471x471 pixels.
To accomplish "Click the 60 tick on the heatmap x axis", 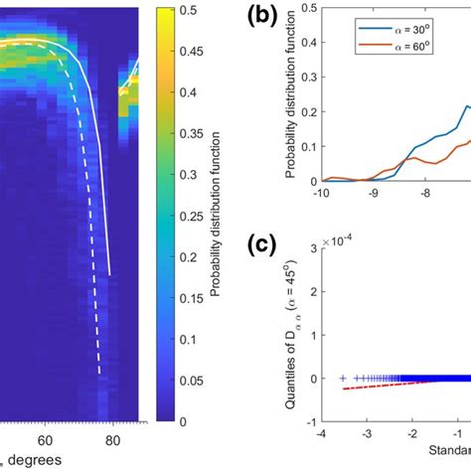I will click(x=46, y=439).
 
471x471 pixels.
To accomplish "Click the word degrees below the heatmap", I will click(x=34, y=459).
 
